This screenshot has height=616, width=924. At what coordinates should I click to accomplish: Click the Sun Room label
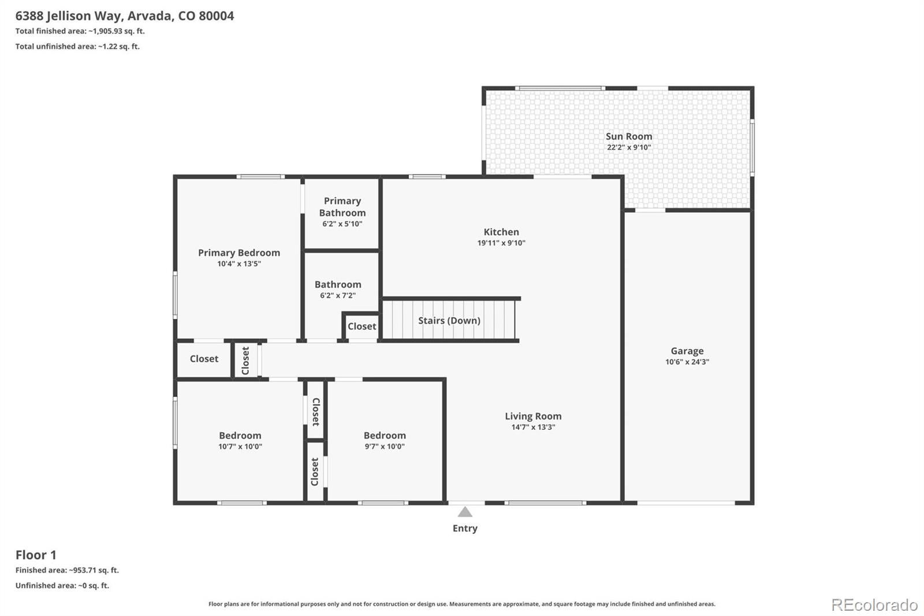[x=629, y=136]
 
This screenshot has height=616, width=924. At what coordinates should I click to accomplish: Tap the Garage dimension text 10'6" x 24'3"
[x=687, y=362]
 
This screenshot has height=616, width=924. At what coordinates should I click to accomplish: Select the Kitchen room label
[x=501, y=232]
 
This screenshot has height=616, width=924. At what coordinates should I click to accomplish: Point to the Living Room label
[x=534, y=416]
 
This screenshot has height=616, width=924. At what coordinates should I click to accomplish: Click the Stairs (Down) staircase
[x=449, y=320]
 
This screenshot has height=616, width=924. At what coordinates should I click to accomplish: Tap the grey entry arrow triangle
[x=465, y=512]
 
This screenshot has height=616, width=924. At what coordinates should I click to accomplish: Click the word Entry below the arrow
[x=465, y=529]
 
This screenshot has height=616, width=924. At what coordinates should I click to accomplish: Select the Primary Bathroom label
[x=342, y=206]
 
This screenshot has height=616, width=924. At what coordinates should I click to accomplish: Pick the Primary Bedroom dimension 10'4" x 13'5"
[x=239, y=264]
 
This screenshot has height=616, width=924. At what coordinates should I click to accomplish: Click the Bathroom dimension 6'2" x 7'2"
[x=338, y=295]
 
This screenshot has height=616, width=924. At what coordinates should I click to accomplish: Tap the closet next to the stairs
[x=362, y=326]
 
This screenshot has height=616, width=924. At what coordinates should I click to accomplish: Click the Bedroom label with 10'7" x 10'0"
[x=240, y=436]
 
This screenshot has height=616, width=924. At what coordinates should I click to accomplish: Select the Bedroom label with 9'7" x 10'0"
[x=385, y=436]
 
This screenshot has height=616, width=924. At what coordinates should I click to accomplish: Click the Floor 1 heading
[x=36, y=555]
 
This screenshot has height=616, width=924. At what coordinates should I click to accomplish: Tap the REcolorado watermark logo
[x=874, y=605]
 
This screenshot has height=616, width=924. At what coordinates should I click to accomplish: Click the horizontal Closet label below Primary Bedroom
[x=204, y=359]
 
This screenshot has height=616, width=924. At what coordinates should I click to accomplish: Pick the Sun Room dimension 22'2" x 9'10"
[x=629, y=147]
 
